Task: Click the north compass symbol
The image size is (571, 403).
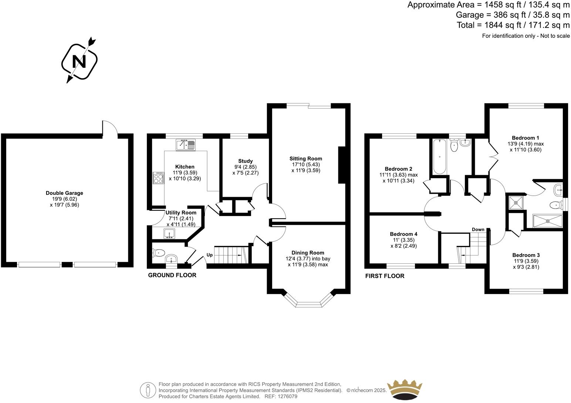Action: click(79, 61)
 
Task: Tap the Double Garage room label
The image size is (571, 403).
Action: click(64, 193)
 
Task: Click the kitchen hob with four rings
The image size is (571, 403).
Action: click(158, 178)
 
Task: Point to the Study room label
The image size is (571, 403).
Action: click(245, 161)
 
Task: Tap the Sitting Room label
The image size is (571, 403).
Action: click(305, 159)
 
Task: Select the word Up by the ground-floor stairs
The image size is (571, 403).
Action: click(210, 255)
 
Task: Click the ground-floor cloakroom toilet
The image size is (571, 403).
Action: click(158, 253)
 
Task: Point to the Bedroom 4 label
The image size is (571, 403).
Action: click(403, 234)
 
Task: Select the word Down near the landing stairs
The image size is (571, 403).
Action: click(478, 230)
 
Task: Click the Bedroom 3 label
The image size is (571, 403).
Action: click(526, 255)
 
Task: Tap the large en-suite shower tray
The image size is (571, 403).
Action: click(548, 221)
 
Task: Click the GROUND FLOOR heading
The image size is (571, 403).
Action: click(172, 275)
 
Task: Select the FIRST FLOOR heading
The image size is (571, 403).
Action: click(385, 276)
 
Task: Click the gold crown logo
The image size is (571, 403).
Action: click(404, 389)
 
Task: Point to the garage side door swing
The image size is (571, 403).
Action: click(110, 128)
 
